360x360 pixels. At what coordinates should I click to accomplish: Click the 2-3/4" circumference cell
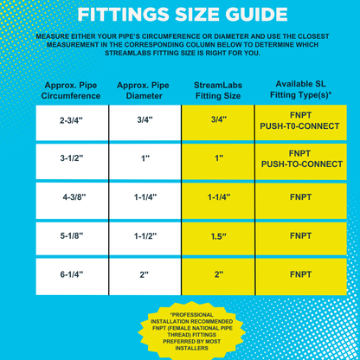coord(72,121)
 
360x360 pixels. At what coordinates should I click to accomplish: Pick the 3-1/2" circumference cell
coord(72,159)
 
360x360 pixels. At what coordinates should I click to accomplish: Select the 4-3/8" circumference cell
coord(72,197)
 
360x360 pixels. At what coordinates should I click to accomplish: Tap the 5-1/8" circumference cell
coord(72,235)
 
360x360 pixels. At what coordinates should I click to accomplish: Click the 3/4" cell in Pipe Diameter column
coord(145,121)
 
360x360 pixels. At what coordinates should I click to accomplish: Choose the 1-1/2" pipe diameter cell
coord(145,235)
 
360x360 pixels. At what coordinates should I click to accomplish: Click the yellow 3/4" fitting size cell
coord(217,121)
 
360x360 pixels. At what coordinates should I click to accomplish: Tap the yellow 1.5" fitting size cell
coord(217,235)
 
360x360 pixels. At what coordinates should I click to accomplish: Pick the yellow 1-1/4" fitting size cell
coord(217,197)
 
